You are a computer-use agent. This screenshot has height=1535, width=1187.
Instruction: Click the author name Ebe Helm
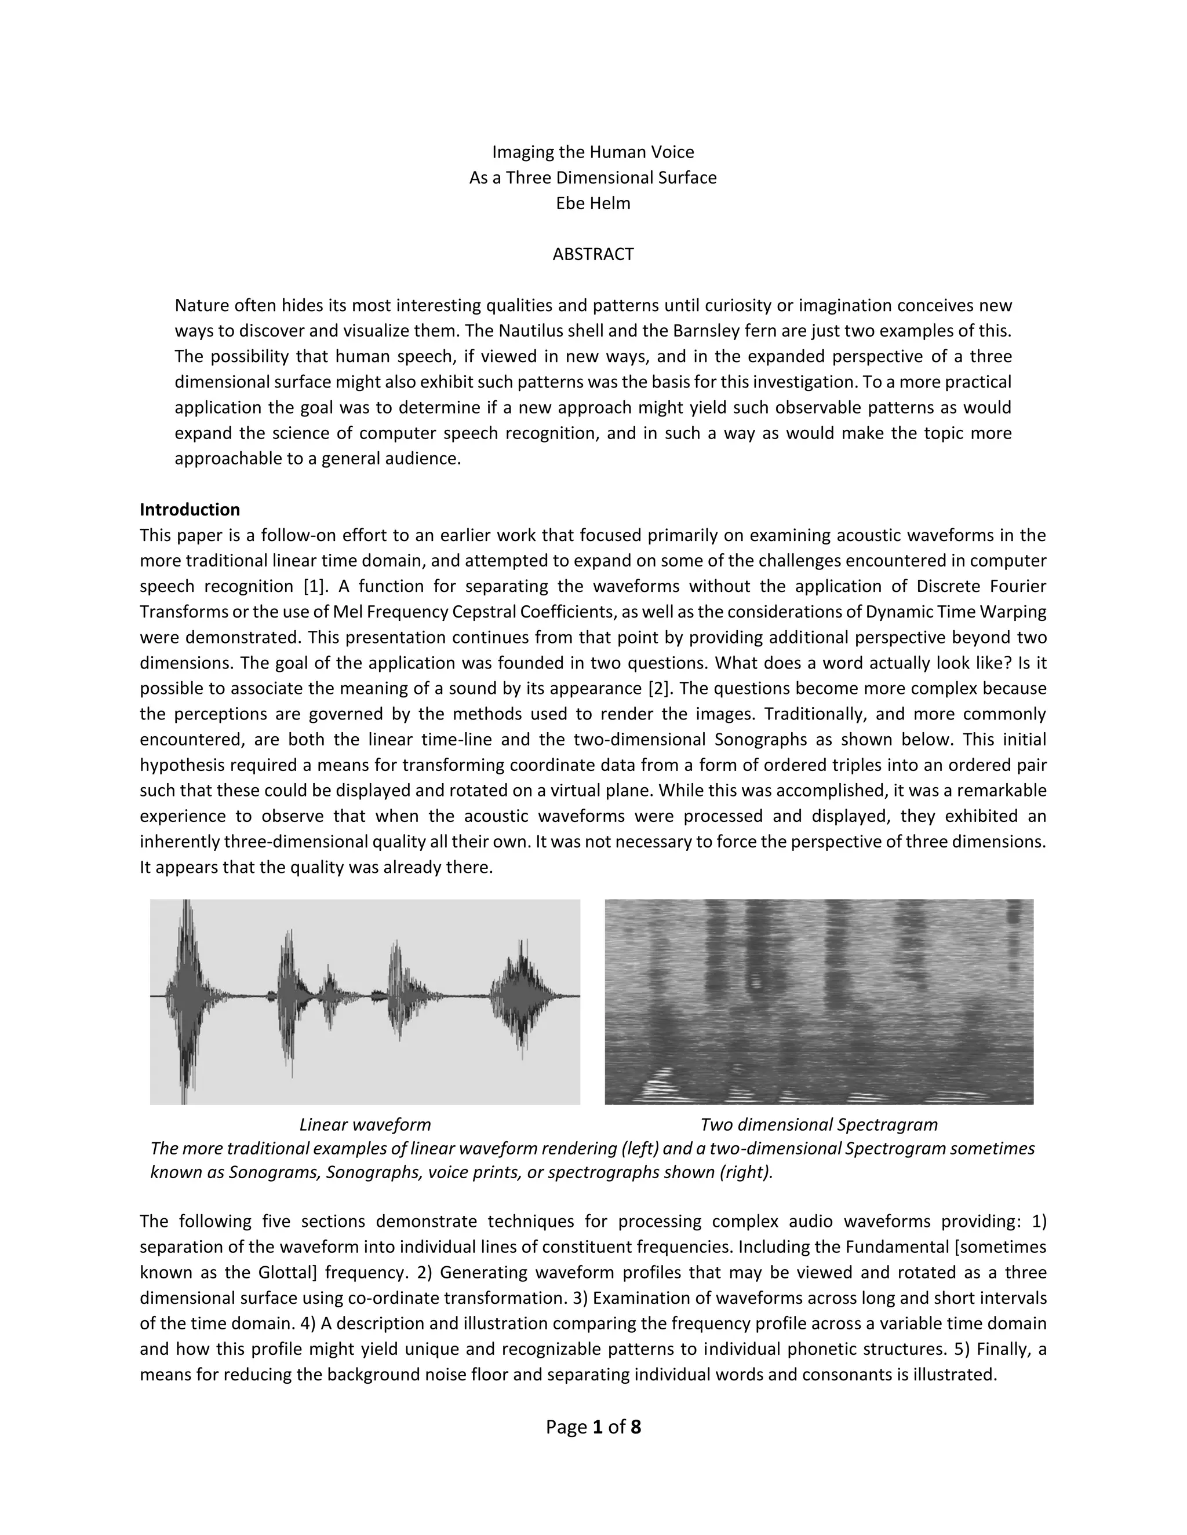pos(593,203)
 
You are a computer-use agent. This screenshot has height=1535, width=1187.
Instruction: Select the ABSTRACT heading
pos(593,254)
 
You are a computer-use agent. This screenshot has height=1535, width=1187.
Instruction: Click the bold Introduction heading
pos(190,510)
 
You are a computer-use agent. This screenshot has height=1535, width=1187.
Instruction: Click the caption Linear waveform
pos(365,1124)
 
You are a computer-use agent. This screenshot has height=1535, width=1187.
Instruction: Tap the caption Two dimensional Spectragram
pos(818,1124)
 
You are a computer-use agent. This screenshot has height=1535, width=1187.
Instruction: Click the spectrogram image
pos(818,1002)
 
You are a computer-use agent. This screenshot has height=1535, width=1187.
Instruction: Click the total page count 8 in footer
pos(636,1427)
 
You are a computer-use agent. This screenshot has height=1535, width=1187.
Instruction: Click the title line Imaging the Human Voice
pos(593,152)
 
